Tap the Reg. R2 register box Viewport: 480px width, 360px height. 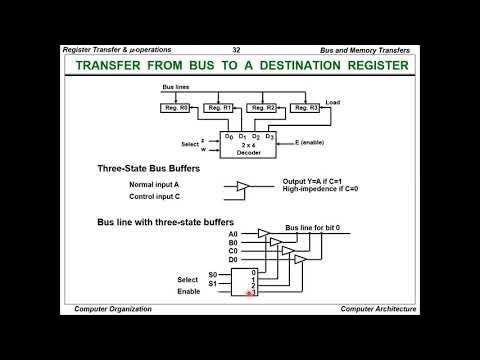263,107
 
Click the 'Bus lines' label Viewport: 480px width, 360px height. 177,86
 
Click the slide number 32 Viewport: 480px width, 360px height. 236,49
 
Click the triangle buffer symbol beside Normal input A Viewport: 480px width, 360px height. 242,186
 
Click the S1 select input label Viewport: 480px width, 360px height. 213,284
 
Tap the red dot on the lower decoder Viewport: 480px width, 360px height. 249,294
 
